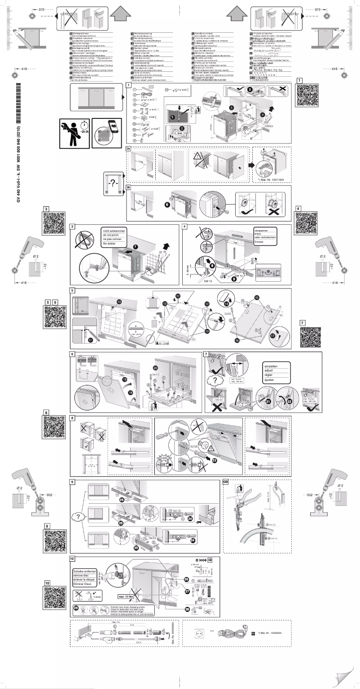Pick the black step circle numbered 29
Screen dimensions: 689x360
coord(76,607)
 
